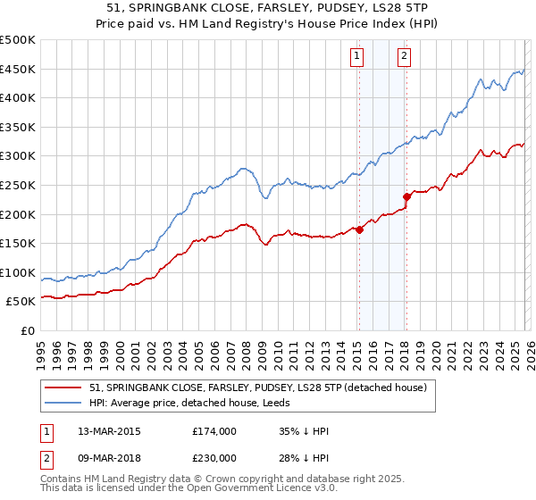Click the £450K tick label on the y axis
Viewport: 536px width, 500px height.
18,69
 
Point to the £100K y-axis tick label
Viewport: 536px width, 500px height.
18,272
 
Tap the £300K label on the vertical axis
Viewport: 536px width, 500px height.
18,156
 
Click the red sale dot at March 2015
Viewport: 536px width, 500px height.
359,229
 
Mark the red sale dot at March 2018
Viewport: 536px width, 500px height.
406,196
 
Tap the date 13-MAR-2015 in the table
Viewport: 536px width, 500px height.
109,431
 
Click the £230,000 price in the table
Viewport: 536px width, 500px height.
214,457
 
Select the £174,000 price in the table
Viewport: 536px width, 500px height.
214,431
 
